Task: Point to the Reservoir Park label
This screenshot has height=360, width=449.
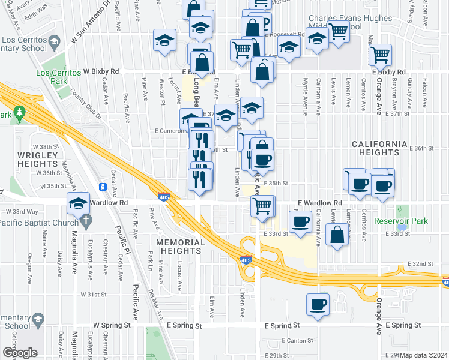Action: click(400, 221)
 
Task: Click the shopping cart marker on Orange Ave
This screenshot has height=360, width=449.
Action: click(381, 55)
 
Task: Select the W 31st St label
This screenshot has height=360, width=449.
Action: click(94, 295)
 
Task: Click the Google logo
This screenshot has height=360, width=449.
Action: click(20, 353)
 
